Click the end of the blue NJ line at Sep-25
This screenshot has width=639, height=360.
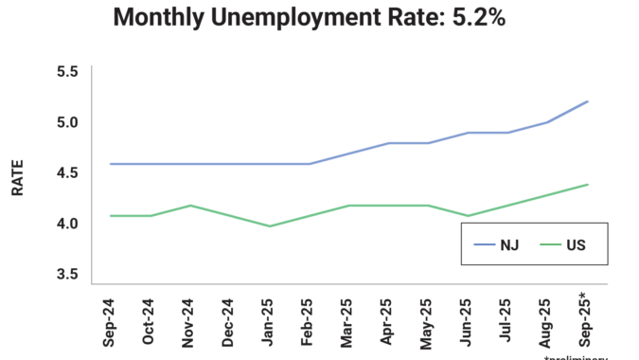point(588,101)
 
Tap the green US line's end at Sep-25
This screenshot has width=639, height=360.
point(588,185)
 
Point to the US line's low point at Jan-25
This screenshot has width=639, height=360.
point(270,225)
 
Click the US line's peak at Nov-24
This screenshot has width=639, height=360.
point(190,206)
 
